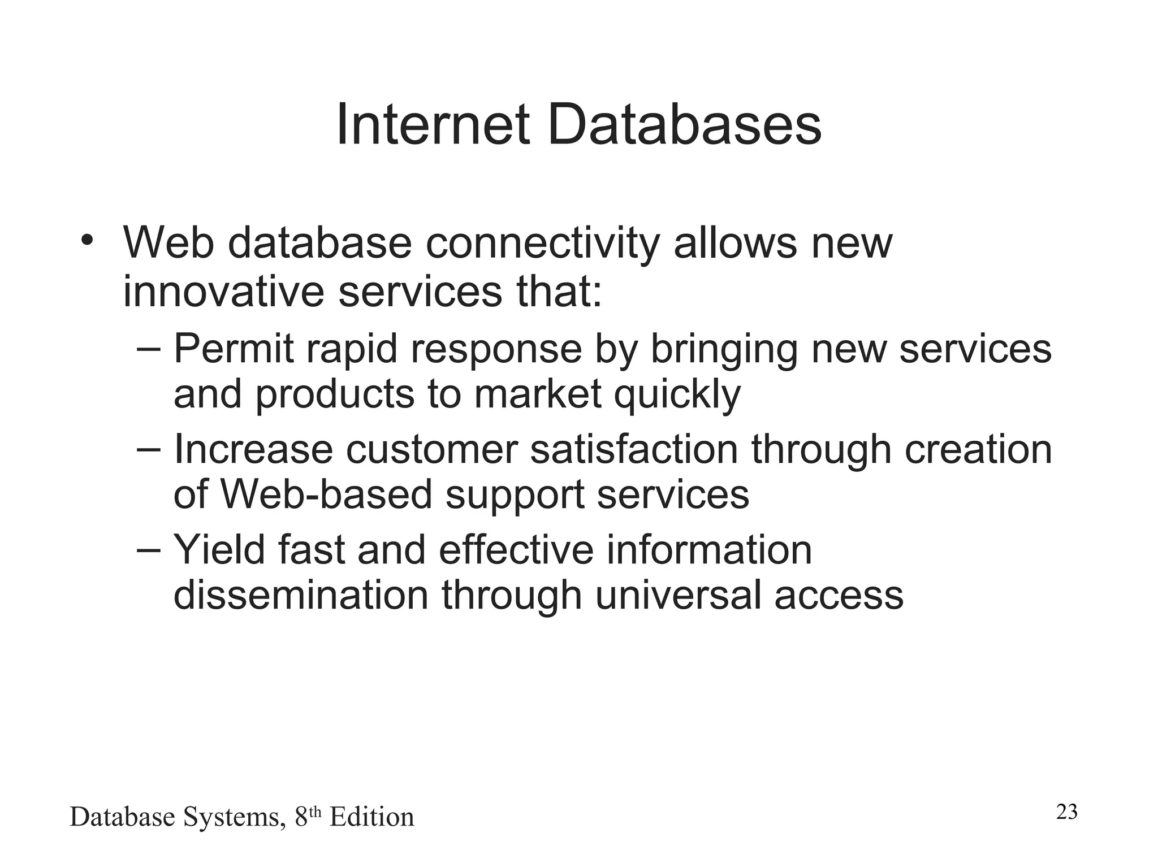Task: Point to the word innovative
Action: [x=225, y=292]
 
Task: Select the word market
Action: [x=537, y=394]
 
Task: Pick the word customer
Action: [x=431, y=450]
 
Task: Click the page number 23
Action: [x=1066, y=812]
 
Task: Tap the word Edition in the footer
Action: [x=371, y=817]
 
